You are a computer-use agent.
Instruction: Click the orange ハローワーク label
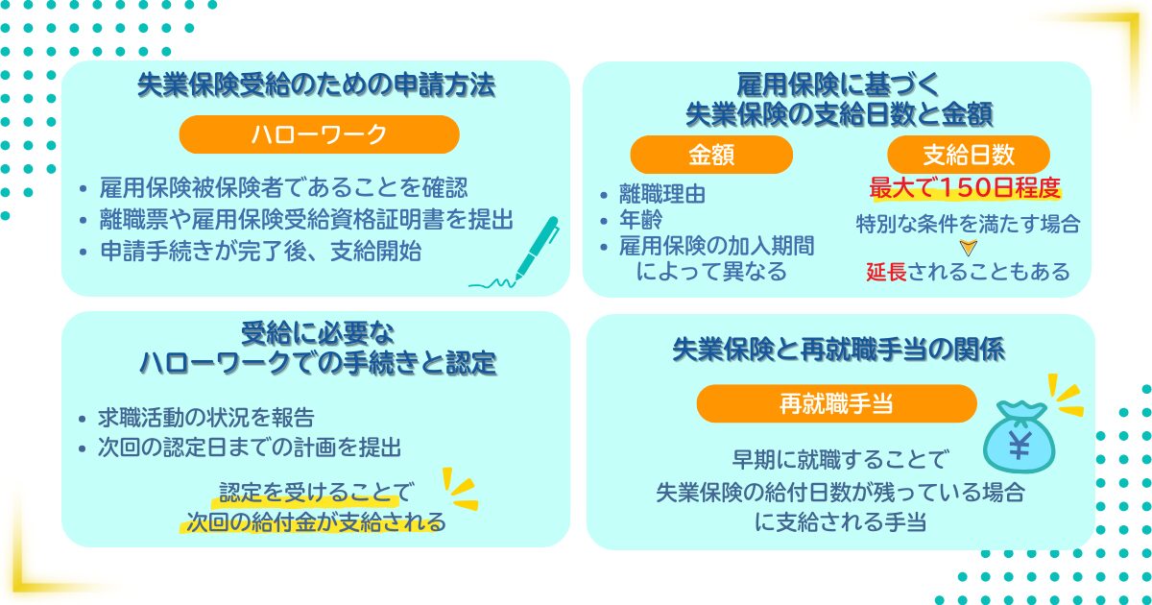[x=319, y=135]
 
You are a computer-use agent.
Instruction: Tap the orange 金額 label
[x=711, y=155]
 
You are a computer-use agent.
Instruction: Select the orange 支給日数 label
[x=969, y=155]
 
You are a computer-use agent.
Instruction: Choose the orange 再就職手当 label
[x=836, y=404]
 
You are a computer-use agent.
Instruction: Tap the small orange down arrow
[x=968, y=248]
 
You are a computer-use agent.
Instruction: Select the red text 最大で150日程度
[x=968, y=186]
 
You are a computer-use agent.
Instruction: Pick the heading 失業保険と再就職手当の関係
[x=839, y=351]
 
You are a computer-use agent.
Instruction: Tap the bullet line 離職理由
[x=663, y=194]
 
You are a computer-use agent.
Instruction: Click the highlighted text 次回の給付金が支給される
[x=316, y=523]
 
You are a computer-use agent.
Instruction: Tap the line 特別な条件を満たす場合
[x=968, y=225]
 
